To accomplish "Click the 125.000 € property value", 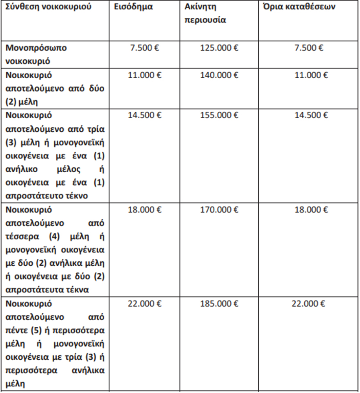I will [x=219, y=48].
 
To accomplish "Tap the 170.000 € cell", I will [x=219, y=210].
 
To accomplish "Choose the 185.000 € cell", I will [x=219, y=304].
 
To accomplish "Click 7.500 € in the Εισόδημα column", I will [x=145, y=48].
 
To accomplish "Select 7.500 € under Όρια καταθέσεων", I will [x=309, y=48].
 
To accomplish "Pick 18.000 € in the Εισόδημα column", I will [x=145, y=210].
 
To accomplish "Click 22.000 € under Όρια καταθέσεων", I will [x=309, y=304].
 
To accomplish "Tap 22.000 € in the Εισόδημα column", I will [x=145, y=304].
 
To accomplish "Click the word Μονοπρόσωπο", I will [x=37, y=48].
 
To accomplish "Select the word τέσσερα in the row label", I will [x=22, y=236].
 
